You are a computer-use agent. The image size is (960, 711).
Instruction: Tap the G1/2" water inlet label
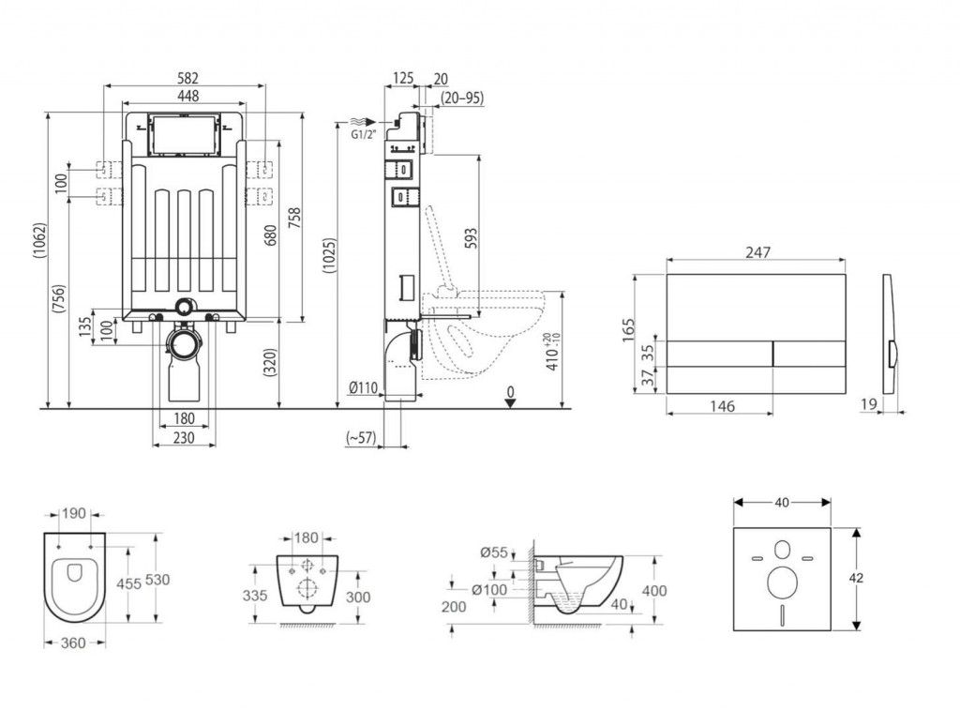coord(363,135)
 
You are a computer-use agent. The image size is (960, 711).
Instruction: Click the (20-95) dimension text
coord(462,98)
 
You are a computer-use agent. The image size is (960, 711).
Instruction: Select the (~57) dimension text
coord(360,437)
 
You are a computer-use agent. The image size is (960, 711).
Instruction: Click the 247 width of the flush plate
coord(757,251)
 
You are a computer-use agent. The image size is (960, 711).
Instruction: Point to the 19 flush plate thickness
coord(869,405)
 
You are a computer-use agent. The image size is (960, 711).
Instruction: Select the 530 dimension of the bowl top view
coord(157,581)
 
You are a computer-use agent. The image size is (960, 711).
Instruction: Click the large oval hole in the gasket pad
coord(781,582)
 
